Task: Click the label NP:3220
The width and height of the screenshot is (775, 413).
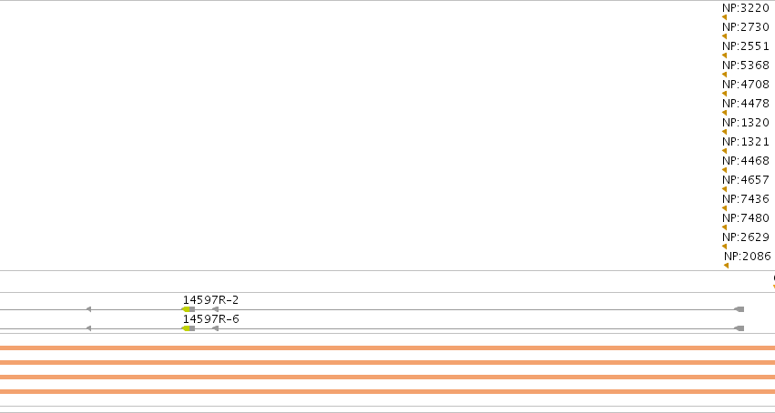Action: [x=746, y=8]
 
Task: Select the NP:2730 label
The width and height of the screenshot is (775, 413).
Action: [x=746, y=27]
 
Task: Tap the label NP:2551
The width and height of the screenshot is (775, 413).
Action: [x=746, y=46]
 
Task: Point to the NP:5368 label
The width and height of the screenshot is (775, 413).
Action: [x=746, y=65]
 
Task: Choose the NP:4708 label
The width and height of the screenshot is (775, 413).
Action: [x=746, y=85]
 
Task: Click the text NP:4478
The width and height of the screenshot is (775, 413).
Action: [x=746, y=104]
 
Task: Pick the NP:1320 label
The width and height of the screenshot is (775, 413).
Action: [x=746, y=123]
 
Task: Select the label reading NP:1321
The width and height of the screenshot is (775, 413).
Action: [x=746, y=142]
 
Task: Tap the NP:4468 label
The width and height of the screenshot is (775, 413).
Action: [x=746, y=161]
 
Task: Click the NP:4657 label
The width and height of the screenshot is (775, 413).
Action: [x=746, y=179]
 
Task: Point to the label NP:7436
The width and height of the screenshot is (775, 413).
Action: [x=746, y=199]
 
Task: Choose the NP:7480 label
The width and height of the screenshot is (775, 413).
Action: [x=746, y=218]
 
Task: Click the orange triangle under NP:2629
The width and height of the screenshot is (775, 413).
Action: [x=725, y=247]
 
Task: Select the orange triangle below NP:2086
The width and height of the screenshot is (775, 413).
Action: [x=726, y=266]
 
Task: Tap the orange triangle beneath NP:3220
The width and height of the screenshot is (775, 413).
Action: [x=725, y=17]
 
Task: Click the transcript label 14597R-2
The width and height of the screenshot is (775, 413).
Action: [x=210, y=300]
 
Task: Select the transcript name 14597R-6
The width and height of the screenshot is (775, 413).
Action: [x=210, y=319]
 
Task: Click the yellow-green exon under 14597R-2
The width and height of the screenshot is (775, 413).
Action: [x=186, y=309]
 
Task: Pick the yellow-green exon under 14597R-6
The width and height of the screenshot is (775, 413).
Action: [x=186, y=328]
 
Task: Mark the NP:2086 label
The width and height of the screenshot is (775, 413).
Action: [x=748, y=257]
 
